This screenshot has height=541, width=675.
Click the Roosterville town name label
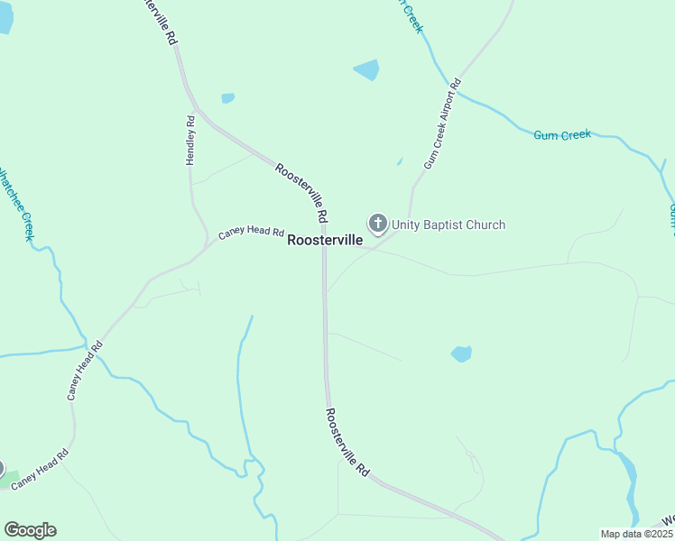click(x=325, y=241)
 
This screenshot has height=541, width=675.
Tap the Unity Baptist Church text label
click(x=448, y=225)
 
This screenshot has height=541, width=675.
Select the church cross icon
click(x=377, y=223)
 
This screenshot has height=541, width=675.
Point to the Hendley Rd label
click(x=190, y=140)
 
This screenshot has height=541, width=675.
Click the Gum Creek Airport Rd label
click(x=442, y=124)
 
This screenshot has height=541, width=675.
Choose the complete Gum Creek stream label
click(x=562, y=135)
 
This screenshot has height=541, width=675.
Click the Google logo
click(x=30, y=530)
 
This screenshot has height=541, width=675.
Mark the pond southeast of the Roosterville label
click(x=461, y=353)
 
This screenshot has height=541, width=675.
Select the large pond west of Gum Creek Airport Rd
click(x=366, y=69)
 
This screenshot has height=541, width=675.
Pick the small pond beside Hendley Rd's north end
click(x=227, y=98)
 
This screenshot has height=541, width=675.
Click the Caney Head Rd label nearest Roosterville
click(x=251, y=233)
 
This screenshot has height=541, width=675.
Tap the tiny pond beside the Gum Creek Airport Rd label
click(x=399, y=162)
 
